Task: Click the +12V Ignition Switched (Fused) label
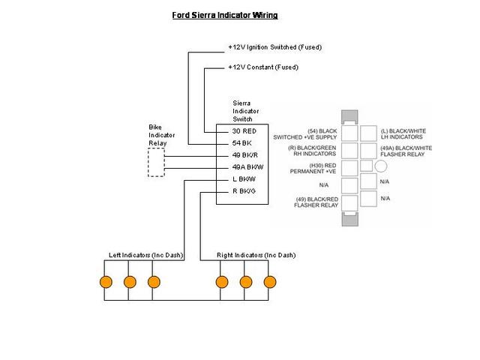(x=274, y=47)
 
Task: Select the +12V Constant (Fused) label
(x=262, y=67)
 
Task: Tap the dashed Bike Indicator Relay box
(x=156, y=162)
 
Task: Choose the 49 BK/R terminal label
(x=244, y=154)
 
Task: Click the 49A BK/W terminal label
(x=247, y=166)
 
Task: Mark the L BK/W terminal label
(x=244, y=178)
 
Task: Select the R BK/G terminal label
(x=244, y=190)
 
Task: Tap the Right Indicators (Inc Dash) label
(x=256, y=255)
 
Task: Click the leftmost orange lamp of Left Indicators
(x=106, y=282)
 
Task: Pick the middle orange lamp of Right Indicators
(x=245, y=282)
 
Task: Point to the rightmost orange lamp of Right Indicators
(x=269, y=282)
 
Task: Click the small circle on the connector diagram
(x=381, y=166)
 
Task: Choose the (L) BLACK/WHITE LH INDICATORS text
(x=403, y=134)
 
